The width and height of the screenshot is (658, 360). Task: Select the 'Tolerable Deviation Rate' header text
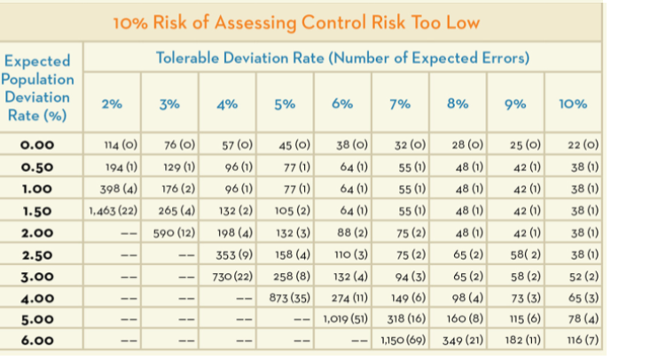coord(342,59)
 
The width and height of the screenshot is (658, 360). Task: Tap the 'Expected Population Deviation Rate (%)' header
coord(39,89)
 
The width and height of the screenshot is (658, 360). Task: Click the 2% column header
coord(111,104)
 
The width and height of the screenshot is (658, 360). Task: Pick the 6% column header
coord(342,104)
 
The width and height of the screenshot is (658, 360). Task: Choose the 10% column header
coord(573,104)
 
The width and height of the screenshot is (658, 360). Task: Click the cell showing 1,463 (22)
coord(112,211)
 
